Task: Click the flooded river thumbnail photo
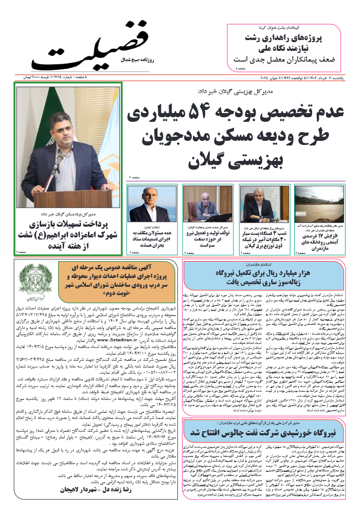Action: point(312,204)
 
